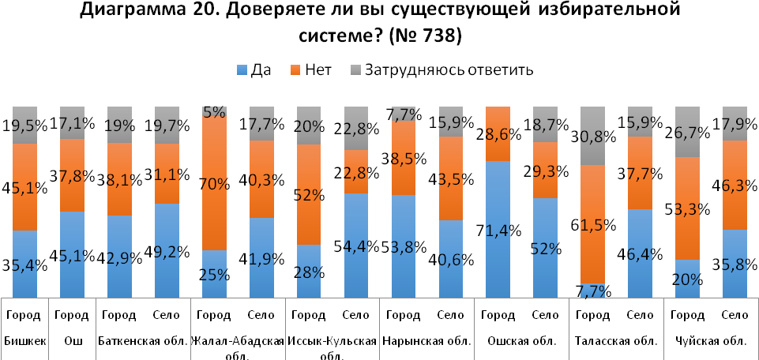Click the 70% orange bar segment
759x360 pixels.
tap(214, 183)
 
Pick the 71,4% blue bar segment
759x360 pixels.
tap(498, 229)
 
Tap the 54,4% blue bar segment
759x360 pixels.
tap(356, 245)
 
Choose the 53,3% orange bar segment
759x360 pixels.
tap(688, 208)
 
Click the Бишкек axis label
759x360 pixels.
tap(25, 341)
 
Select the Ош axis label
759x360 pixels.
tap(72, 341)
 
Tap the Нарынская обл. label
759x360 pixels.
tap(426, 341)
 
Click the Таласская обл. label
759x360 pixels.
tap(614, 341)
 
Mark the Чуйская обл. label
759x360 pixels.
tap(710, 341)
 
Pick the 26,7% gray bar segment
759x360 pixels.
tap(688, 132)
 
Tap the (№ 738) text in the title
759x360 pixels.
tap(430, 36)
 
